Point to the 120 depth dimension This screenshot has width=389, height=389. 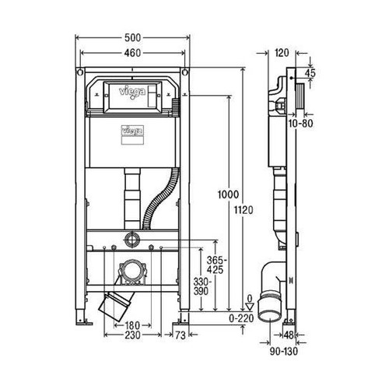click(282, 54)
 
